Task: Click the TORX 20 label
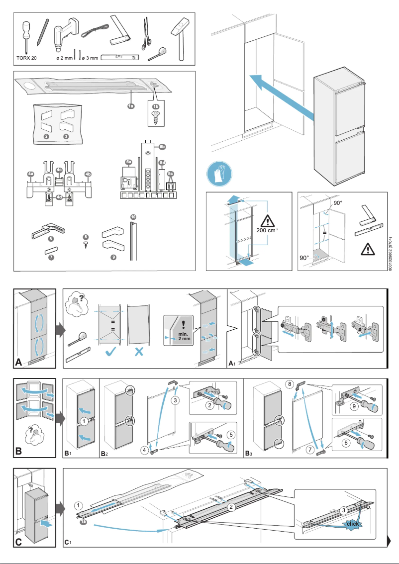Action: click(26, 58)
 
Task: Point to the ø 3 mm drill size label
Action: click(90, 58)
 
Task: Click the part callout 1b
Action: click(156, 106)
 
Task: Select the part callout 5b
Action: click(162, 147)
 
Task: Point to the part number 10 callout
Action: click(132, 217)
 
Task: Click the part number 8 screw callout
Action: click(86, 237)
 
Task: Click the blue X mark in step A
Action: click(139, 352)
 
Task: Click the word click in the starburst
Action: click(353, 524)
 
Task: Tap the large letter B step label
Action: click(19, 452)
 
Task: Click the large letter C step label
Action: click(19, 542)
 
